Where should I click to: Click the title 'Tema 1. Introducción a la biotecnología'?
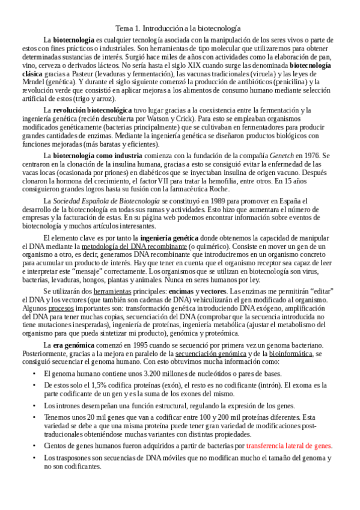pyautogui.click(x=178, y=28)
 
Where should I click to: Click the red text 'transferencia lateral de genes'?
pyautogui.click(x=289, y=446)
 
